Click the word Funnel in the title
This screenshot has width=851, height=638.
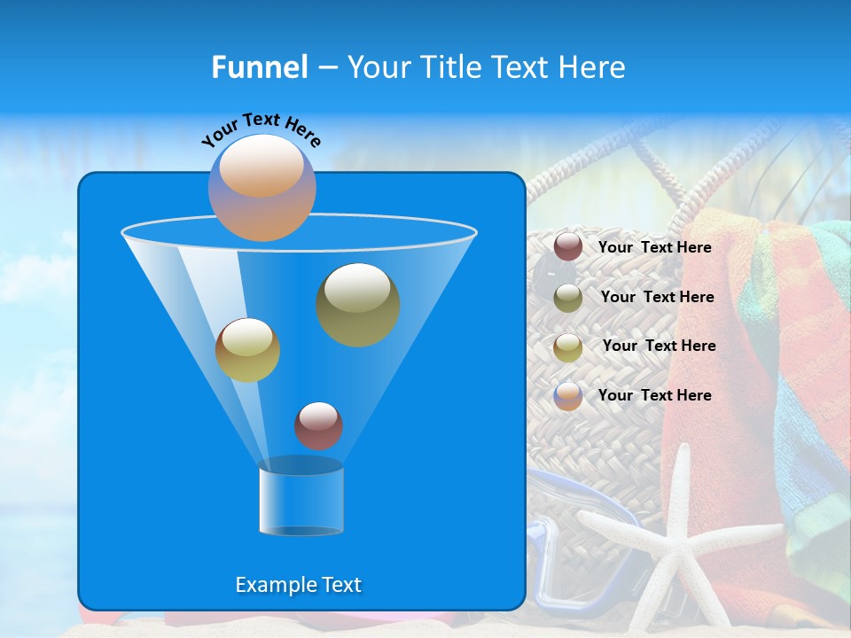259,67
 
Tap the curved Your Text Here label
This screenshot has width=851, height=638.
261,129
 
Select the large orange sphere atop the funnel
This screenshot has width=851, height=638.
262,188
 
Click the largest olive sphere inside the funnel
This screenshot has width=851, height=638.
358,304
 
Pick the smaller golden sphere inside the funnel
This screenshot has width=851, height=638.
247,350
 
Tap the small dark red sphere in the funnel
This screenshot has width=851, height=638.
318,425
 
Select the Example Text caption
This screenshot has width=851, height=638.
298,585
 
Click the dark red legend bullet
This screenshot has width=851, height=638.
568,246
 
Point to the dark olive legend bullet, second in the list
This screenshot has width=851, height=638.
568,298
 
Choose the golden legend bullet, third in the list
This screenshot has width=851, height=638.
568,347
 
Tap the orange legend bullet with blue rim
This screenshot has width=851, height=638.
568,396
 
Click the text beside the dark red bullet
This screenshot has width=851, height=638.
654,247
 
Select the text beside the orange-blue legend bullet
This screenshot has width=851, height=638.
654,395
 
